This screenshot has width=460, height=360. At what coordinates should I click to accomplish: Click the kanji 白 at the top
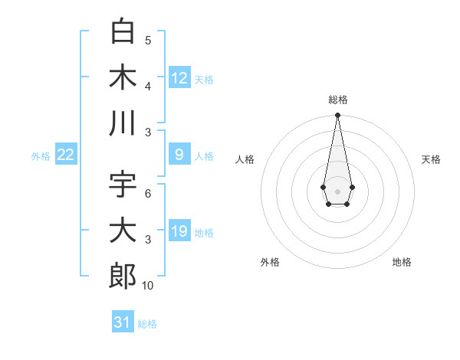(x=123, y=32)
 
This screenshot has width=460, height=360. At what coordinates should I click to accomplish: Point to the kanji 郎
(x=123, y=275)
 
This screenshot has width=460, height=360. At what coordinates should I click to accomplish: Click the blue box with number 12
(x=179, y=77)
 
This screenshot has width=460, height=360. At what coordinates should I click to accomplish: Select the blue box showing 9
(x=179, y=155)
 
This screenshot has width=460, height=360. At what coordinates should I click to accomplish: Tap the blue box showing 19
(x=179, y=231)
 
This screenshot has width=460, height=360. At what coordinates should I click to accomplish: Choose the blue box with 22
(x=66, y=155)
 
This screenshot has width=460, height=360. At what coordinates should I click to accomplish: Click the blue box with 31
(x=123, y=322)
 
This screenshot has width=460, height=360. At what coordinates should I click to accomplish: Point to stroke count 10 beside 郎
(x=148, y=285)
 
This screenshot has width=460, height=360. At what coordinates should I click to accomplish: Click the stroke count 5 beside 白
(x=148, y=41)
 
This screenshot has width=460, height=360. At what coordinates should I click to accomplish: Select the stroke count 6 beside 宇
(x=148, y=194)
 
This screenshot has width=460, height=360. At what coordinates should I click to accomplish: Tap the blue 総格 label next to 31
(x=147, y=324)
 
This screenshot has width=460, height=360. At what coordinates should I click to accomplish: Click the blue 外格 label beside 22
(x=41, y=156)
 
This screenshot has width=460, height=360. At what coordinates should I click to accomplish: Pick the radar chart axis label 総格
(x=338, y=100)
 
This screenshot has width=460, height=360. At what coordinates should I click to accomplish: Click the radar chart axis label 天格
(x=431, y=159)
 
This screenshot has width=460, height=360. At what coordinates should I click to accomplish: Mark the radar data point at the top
(x=337, y=116)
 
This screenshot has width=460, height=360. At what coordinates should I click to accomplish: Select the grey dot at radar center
(x=337, y=190)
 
